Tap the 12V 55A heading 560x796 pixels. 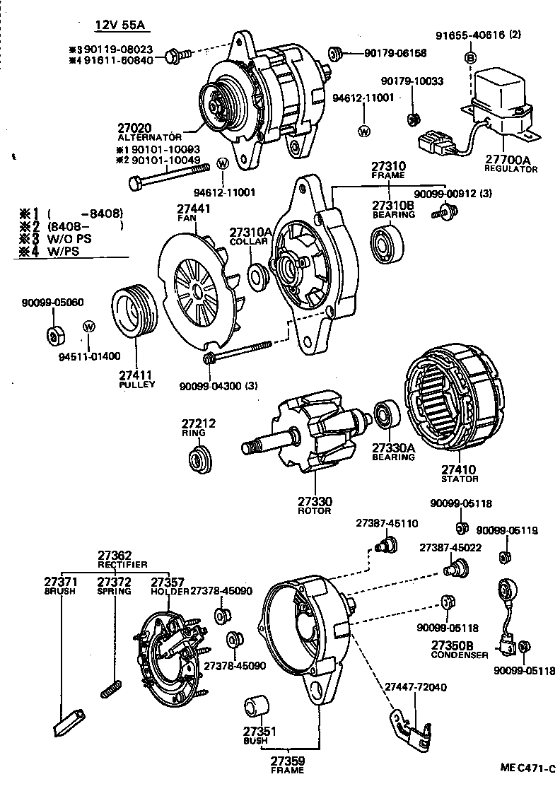(x=119, y=26)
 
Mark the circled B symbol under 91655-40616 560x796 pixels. (x=469, y=57)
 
